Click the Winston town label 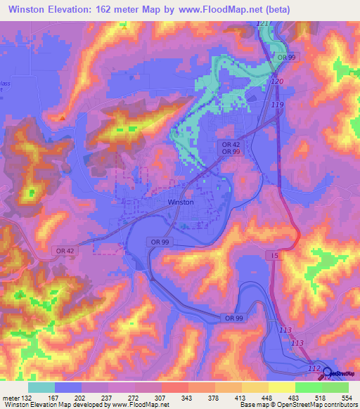[181, 202]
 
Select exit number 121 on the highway [263, 24]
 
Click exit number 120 [276, 82]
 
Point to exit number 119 [276, 105]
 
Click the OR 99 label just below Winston [158, 241]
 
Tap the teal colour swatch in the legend [41, 387]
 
